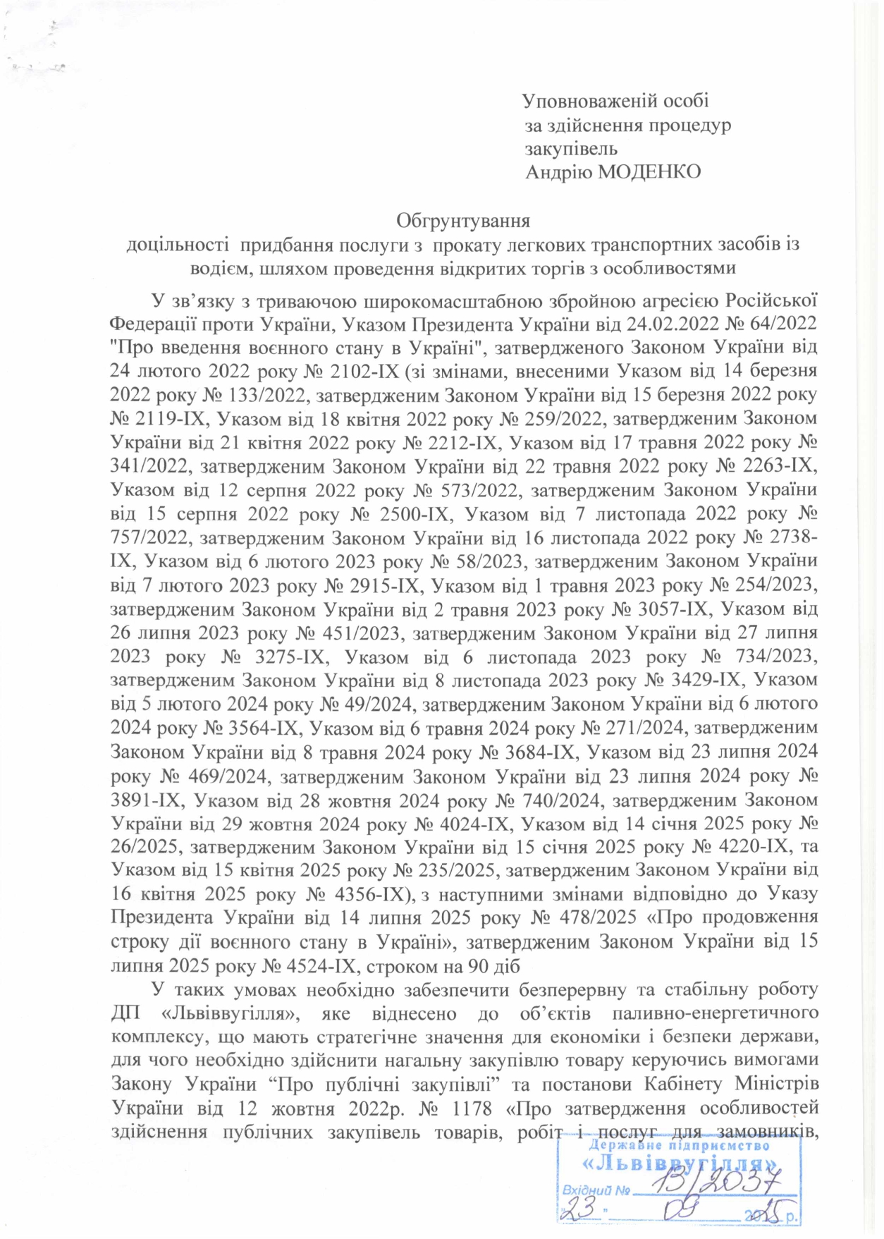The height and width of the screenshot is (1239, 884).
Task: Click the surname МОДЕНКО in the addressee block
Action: [649, 171]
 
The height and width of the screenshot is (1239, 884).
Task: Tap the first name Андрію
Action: [559, 171]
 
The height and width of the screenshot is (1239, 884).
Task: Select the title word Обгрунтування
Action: [462, 221]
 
